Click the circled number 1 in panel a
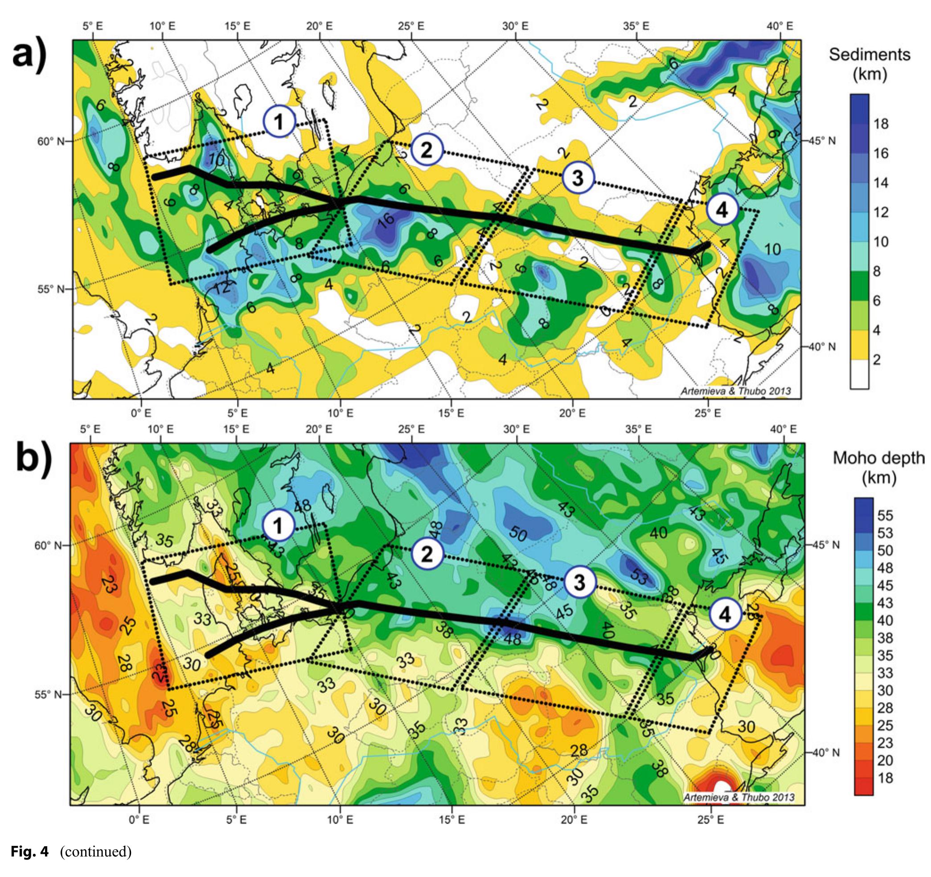[x=279, y=121]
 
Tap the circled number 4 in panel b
[x=725, y=614]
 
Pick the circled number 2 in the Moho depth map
[x=427, y=554]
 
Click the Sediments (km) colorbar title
[x=869, y=64]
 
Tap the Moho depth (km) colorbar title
[x=878, y=468]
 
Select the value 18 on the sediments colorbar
[x=881, y=124]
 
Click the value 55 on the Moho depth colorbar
[x=885, y=516]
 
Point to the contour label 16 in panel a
[x=386, y=220]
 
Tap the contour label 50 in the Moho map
[x=518, y=535]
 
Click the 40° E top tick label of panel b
[x=783, y=429]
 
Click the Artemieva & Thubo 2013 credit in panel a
[x=735, y=391]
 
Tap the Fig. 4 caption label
[x=29, y=851]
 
